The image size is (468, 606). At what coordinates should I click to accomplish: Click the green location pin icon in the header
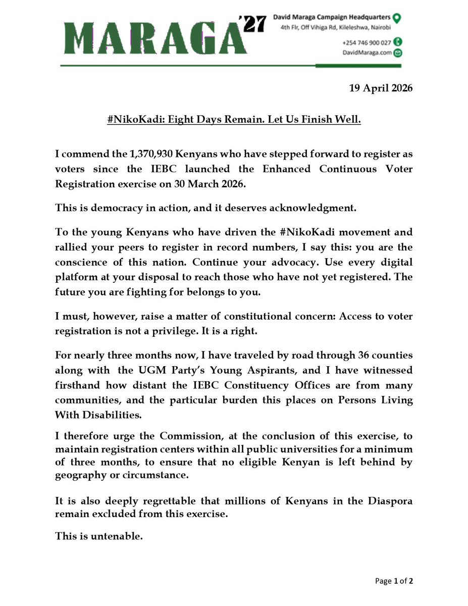click(397, 18)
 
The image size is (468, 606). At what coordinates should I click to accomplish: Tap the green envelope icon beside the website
click(398, 53)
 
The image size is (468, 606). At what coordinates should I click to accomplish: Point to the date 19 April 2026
click(381, 88)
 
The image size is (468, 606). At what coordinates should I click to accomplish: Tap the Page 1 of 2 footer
click(394, 581)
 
